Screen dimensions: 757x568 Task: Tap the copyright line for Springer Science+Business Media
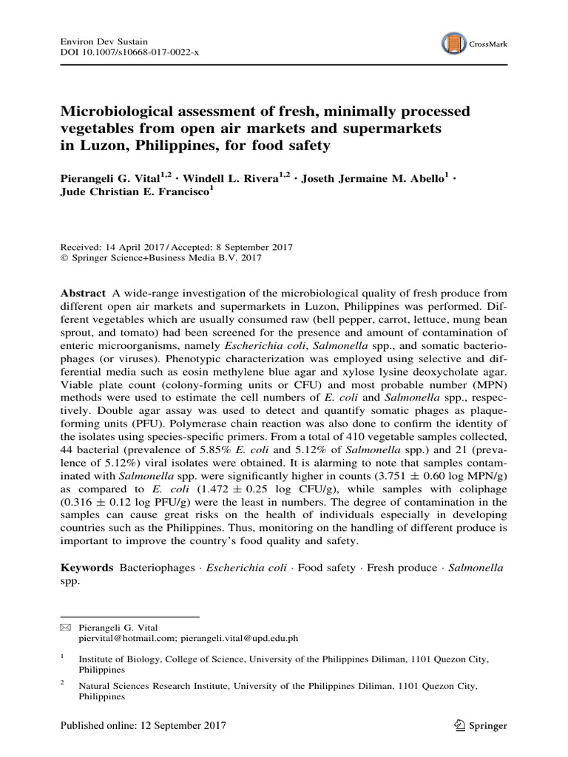pos(166,258)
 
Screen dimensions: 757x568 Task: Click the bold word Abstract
pos(82,293)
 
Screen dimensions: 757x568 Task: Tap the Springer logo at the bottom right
pos(482,726)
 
